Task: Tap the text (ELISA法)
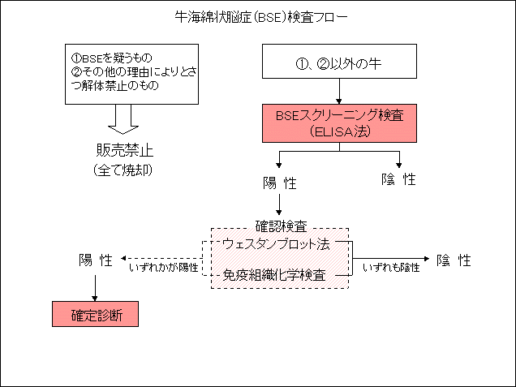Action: (x=339, y=131)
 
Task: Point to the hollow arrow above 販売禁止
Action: (x=124, y=121)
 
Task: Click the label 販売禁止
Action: (x=124, y=151)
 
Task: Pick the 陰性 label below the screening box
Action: (x=398, y=179)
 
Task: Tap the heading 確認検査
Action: (x=281, y=223)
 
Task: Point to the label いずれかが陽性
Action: (x=164, y=266)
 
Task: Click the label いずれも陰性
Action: (x=391, y=266)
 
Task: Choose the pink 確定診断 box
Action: (x=95, y=313)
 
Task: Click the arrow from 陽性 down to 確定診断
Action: (x=96, y=285)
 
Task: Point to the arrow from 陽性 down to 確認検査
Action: (x=279, y=203)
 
